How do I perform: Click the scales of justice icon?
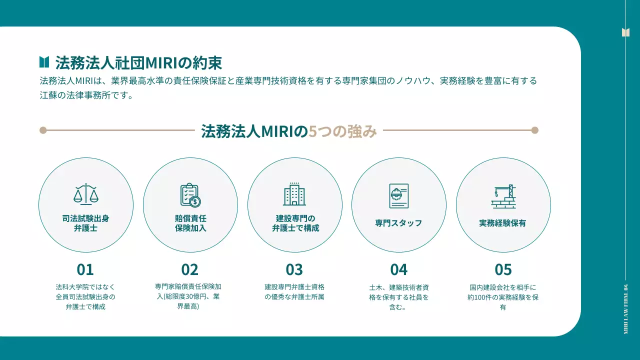[86, 194]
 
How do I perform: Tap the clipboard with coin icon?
[190, 195]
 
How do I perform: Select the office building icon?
[294, 194]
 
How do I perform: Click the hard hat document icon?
[398, 195]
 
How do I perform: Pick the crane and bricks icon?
[503, 196]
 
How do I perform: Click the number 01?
[85, 269]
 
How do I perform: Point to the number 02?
[190, 269]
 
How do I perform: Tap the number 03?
[294, 269]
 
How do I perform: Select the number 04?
[399, 269]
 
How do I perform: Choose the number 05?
[503, 269]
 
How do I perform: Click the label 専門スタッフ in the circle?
[398, 223]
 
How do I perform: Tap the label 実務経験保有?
[502, 223]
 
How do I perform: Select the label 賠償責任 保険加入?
[190, 223]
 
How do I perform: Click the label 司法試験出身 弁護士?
[85, 223]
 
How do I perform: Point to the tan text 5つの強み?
[342, 131]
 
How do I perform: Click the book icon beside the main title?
[44, 62]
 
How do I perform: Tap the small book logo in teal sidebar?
[625, 32]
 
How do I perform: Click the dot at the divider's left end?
[43, 130]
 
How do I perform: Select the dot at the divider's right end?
[534, 130]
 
